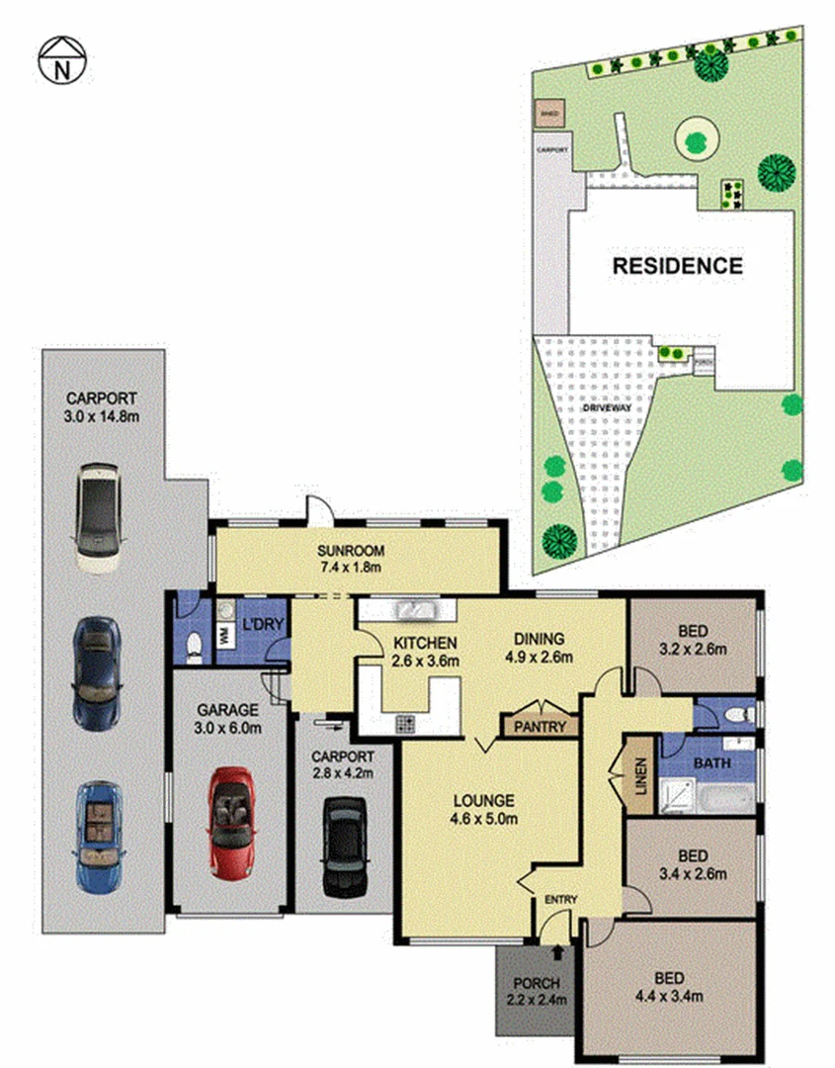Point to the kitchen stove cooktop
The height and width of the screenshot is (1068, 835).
pyautogui.click(x=407, y=724)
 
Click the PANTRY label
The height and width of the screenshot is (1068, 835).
pyautogui.click(x=540, y=727)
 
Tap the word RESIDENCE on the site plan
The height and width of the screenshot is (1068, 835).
pyautogui.click(x=677, y=265)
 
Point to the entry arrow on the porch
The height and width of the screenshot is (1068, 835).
pyautogui.click(x=561, y=952)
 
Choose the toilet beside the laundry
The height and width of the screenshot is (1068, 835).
pyautogui.click(x=194, y=645)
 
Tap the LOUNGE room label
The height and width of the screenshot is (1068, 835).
pyautogui.click(x=484, y=799)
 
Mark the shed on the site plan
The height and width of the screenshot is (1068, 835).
pyautogui.click(x=549, y=114)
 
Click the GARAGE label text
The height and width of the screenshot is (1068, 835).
pyautogui.click(x=226, y=709)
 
